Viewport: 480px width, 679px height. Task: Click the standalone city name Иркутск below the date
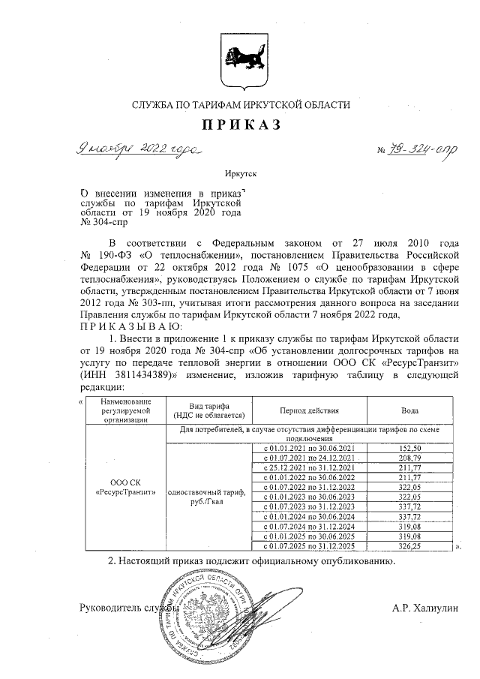pyautogui.click(x=240, y=173)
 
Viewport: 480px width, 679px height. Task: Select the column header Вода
pyautogui.click(x=409, y=411)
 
